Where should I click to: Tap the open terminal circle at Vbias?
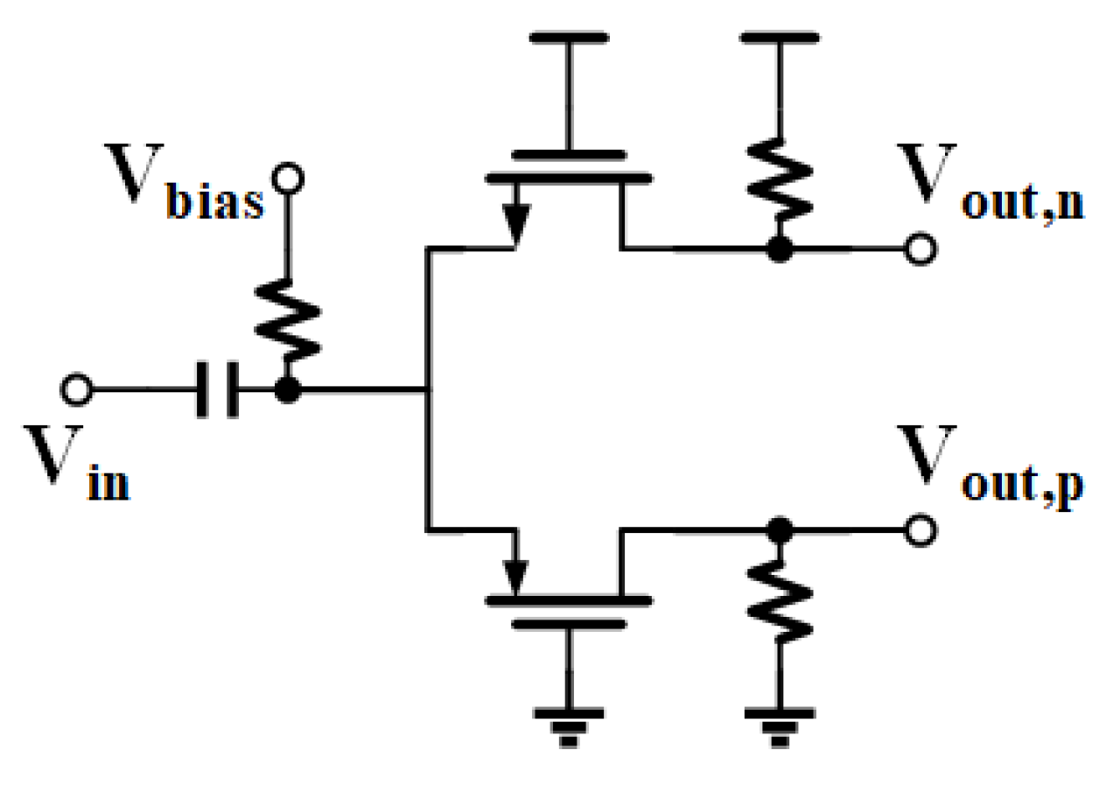point(285,180)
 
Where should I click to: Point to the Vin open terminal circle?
point(77,389)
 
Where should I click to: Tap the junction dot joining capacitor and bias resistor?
point(286,390)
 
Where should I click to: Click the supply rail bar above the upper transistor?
point(569,38)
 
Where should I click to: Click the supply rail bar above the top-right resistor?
point(777,38)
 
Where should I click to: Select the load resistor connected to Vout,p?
point(777,600)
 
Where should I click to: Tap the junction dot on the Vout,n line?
point(777,250)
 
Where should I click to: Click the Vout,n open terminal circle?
point(920,250)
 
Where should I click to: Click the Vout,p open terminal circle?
point(920,531)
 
